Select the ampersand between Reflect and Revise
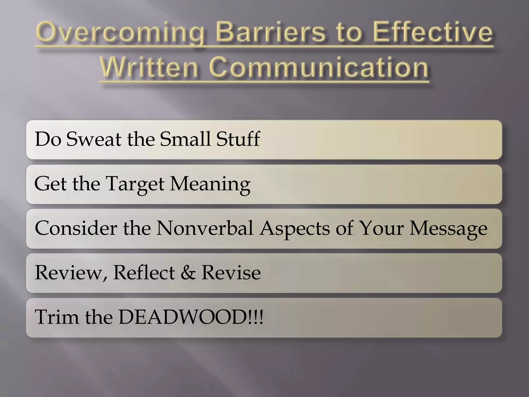click(188, 273)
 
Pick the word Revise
click(231, 273)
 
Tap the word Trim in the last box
click(57, 317)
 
